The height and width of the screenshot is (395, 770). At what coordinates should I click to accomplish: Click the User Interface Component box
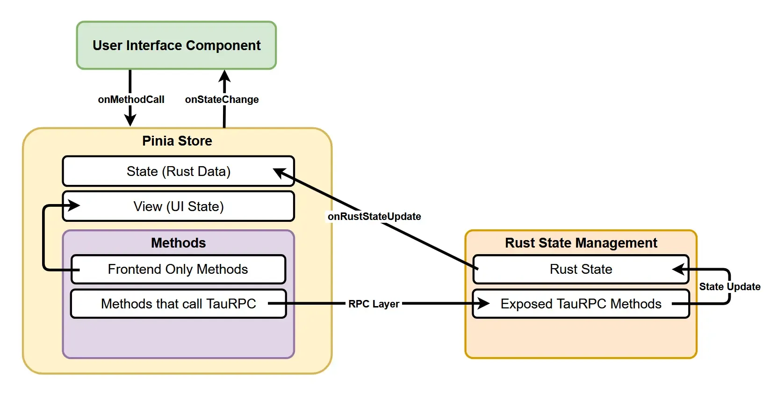(x=176, y=45)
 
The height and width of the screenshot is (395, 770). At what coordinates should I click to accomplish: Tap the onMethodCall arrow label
(x=131, y=99)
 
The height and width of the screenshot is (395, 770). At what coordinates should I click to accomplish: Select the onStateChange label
(x=222, y=99)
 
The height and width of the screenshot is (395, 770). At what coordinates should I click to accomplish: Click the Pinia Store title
(x=177, y=141)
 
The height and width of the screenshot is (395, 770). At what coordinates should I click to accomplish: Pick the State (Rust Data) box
(x=178, y=171)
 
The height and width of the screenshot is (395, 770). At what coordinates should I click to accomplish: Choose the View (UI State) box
(x=178, y=206)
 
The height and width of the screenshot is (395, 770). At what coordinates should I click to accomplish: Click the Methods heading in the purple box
(x=178, y=243)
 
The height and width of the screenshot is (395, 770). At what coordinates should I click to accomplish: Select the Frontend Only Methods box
(x=178, y=269)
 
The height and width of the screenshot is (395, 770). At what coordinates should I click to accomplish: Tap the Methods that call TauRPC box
(x=178, y=304)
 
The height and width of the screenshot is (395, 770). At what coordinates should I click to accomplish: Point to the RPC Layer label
(x=374, y=304)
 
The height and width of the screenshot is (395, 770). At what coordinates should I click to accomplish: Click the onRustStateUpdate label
(x=374, y=216)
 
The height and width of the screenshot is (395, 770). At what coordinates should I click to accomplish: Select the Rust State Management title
(x=581, y=243)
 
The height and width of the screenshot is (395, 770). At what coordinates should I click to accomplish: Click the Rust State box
(x=581, y=269)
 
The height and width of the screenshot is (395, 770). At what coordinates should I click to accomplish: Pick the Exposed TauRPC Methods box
(x=581, y=304)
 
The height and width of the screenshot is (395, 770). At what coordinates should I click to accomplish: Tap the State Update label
(x=729, y=286)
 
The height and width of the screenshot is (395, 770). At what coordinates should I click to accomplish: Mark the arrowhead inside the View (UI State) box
(x=73, y=205)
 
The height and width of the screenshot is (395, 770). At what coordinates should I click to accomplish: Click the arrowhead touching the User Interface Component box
(x=224, y=76)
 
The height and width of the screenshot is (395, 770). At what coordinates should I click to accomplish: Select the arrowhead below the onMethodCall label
(x=130, y=119)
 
